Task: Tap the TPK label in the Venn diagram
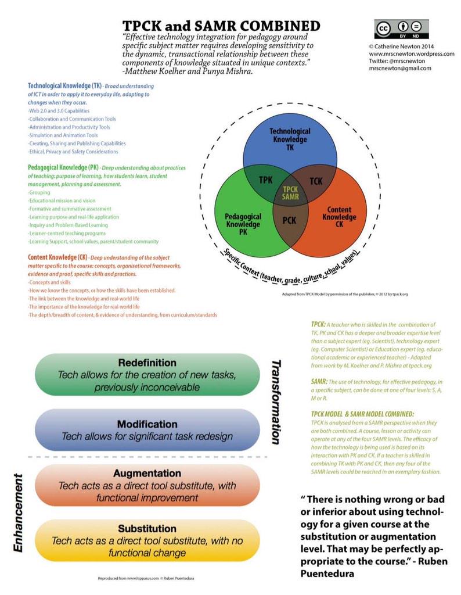click(265, 180)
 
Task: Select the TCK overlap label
click(315, 181)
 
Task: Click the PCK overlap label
click(289, 220)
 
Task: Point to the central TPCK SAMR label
click(290, 193)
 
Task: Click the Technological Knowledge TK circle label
click(290, 139)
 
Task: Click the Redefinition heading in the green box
click(147, 363)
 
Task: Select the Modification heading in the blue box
click(147, 424)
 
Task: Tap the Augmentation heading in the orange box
click(147, 473)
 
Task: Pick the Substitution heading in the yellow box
click(147, 528)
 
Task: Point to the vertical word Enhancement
click(18, 512)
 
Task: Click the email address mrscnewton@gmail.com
click(399, 69)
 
